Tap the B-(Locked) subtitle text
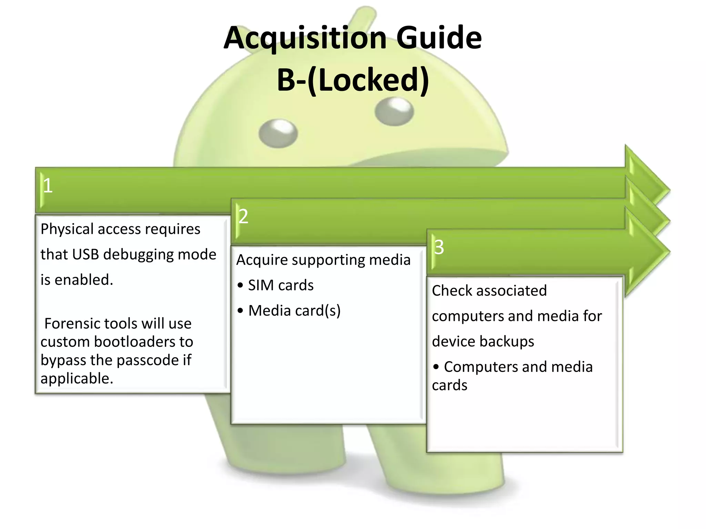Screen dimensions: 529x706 [353, 80]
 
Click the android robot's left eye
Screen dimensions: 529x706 [278, 134]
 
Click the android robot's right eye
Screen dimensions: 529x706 [394, 112]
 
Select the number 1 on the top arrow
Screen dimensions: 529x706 [48, 186]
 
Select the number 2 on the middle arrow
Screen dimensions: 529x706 [243, 216]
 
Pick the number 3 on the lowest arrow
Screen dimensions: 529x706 [439, 247]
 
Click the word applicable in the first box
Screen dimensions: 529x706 [76, 378]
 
